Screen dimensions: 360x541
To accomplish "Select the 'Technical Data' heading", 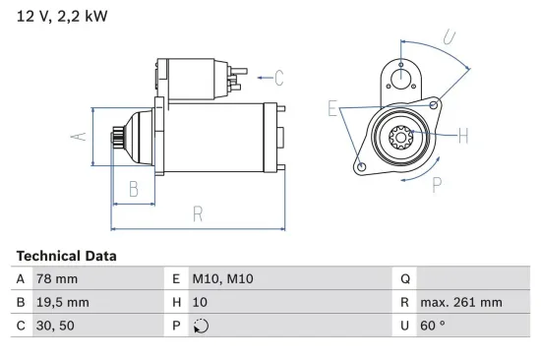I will (x=66, y=256).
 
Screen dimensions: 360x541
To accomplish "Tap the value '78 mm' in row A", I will (x=56, y=279).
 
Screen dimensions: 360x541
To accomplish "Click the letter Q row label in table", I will (x=404, y=279).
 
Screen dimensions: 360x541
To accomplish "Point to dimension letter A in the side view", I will (x=81, y=138).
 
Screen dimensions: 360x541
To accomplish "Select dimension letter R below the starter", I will (x=197, y=212).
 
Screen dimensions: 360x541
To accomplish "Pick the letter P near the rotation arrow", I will (x=436, y=183).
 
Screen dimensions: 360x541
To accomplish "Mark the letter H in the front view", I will (x=463, y=136).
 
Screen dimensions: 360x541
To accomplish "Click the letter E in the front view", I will (x=332, y=108).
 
